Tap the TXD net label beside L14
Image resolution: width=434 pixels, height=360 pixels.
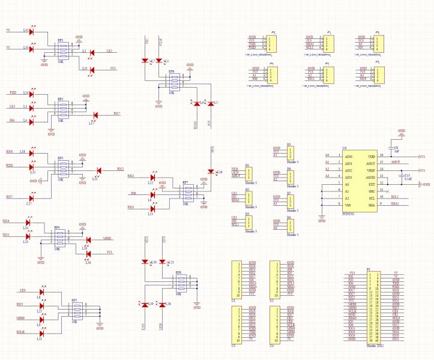tap(13, 93)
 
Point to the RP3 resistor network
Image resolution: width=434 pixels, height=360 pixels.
tap(61, 167)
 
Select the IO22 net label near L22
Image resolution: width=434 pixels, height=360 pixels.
tap(121, 169)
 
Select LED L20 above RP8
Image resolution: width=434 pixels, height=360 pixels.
tap(145, 262)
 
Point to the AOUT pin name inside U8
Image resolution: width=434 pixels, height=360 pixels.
tap(371, 163)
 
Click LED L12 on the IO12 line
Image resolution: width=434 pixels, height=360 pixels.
tap(152, 178)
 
